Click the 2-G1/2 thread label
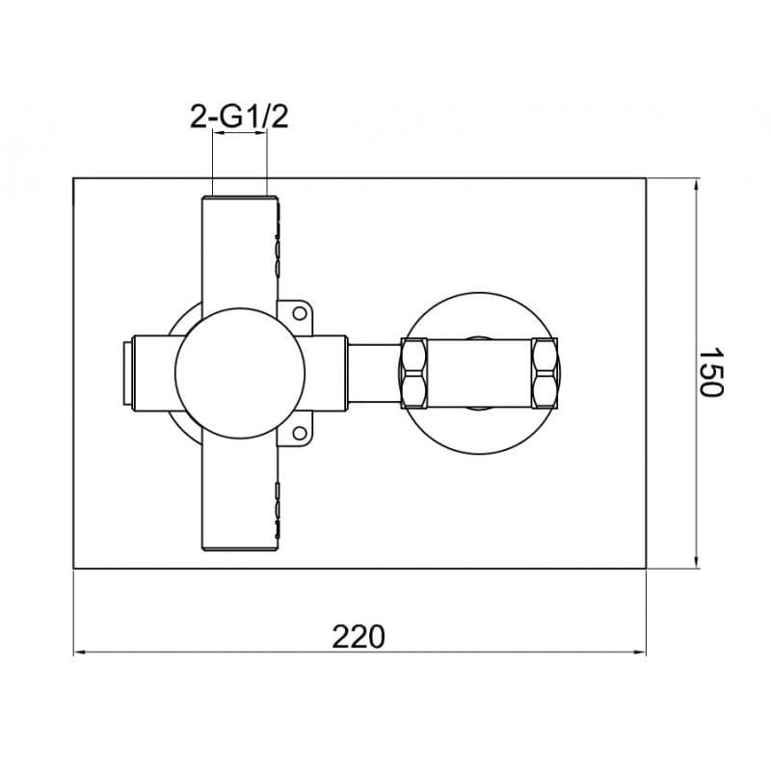tap(239, 118)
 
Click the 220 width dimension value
tap(359, 637)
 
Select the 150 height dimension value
tap(711, 373)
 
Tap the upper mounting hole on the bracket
tap(300, 313)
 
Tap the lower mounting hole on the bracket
tap(300, 433)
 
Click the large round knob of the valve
tap(240, 373)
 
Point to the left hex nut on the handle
tap(414, 373)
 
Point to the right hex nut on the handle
tap(545, 373)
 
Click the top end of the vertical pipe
tap(240, 199)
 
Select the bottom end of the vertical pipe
tap(240, 547)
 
